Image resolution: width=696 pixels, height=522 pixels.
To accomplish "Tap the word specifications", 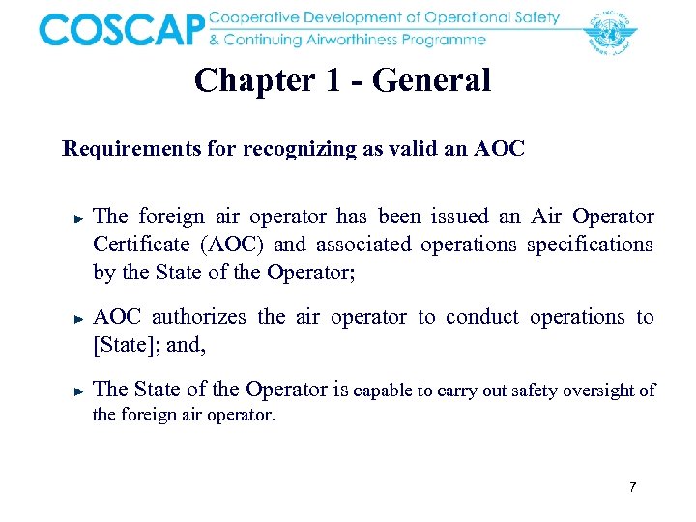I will tap(590, 245).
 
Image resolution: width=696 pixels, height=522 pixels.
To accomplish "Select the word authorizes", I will tap(205, 317).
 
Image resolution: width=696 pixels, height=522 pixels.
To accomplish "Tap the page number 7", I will tap(632, 487).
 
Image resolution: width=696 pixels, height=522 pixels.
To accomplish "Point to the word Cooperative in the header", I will tap(253, 18).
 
